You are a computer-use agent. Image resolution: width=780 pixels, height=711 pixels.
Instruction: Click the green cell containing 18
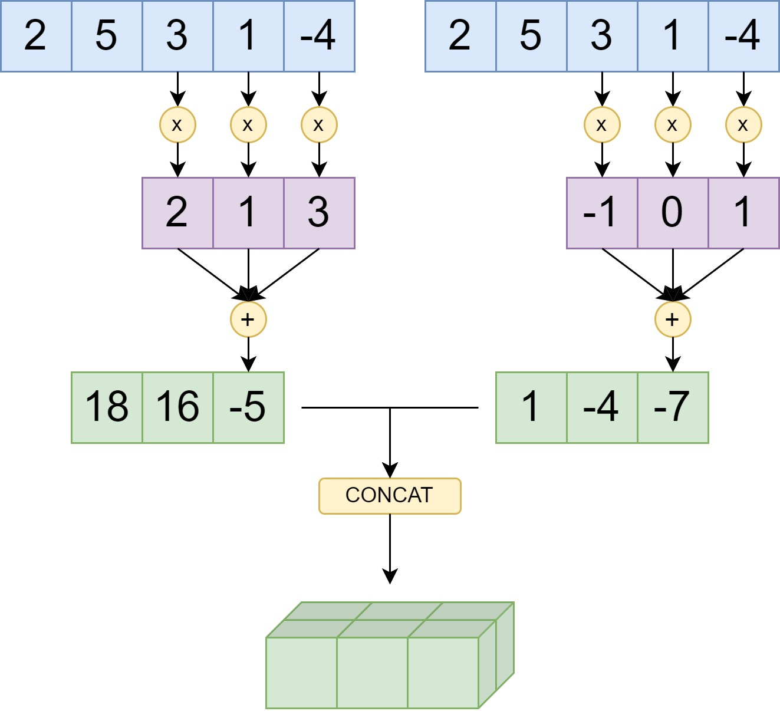coord(107,407)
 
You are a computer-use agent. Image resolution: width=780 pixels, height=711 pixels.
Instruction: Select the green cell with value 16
coord(177,407)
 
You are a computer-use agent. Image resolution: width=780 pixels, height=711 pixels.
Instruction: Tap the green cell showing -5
coord(248,407)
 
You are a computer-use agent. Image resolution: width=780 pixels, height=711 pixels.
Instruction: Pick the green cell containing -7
coord(673,407)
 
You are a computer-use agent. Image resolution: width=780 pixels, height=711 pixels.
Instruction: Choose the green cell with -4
coord(602,407)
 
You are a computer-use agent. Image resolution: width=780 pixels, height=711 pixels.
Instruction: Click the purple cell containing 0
coord(673,213)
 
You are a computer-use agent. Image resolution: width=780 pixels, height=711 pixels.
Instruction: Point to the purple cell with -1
coord(602,213)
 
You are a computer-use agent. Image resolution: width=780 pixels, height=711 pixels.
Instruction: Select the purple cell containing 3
coord(319,213)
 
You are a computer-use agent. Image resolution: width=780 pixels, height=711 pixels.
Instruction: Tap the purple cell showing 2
coord(177,213)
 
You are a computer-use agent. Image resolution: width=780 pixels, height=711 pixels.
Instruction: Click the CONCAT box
coord(390,496)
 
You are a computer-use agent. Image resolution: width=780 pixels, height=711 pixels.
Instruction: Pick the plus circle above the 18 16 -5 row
coord(248,320)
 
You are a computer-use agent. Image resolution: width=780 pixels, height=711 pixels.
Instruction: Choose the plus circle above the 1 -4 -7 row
coord(673,320)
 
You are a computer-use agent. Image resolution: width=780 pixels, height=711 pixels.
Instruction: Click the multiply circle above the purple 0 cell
coord(673,125)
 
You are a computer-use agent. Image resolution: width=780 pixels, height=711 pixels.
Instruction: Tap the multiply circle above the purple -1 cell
coord(602,125)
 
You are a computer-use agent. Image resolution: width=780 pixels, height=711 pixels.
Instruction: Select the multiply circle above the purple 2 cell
coord(177,125)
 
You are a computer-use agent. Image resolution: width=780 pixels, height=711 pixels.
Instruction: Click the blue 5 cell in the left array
coord(107,36)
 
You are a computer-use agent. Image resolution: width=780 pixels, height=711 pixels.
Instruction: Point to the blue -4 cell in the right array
coord(743,36)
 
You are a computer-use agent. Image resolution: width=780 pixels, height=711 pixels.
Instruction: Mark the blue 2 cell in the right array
coord(460,36)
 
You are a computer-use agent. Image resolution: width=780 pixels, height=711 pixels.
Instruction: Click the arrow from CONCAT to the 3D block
coord(390,548)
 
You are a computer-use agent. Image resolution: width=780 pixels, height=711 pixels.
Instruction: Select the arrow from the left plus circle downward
coord(248,354)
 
